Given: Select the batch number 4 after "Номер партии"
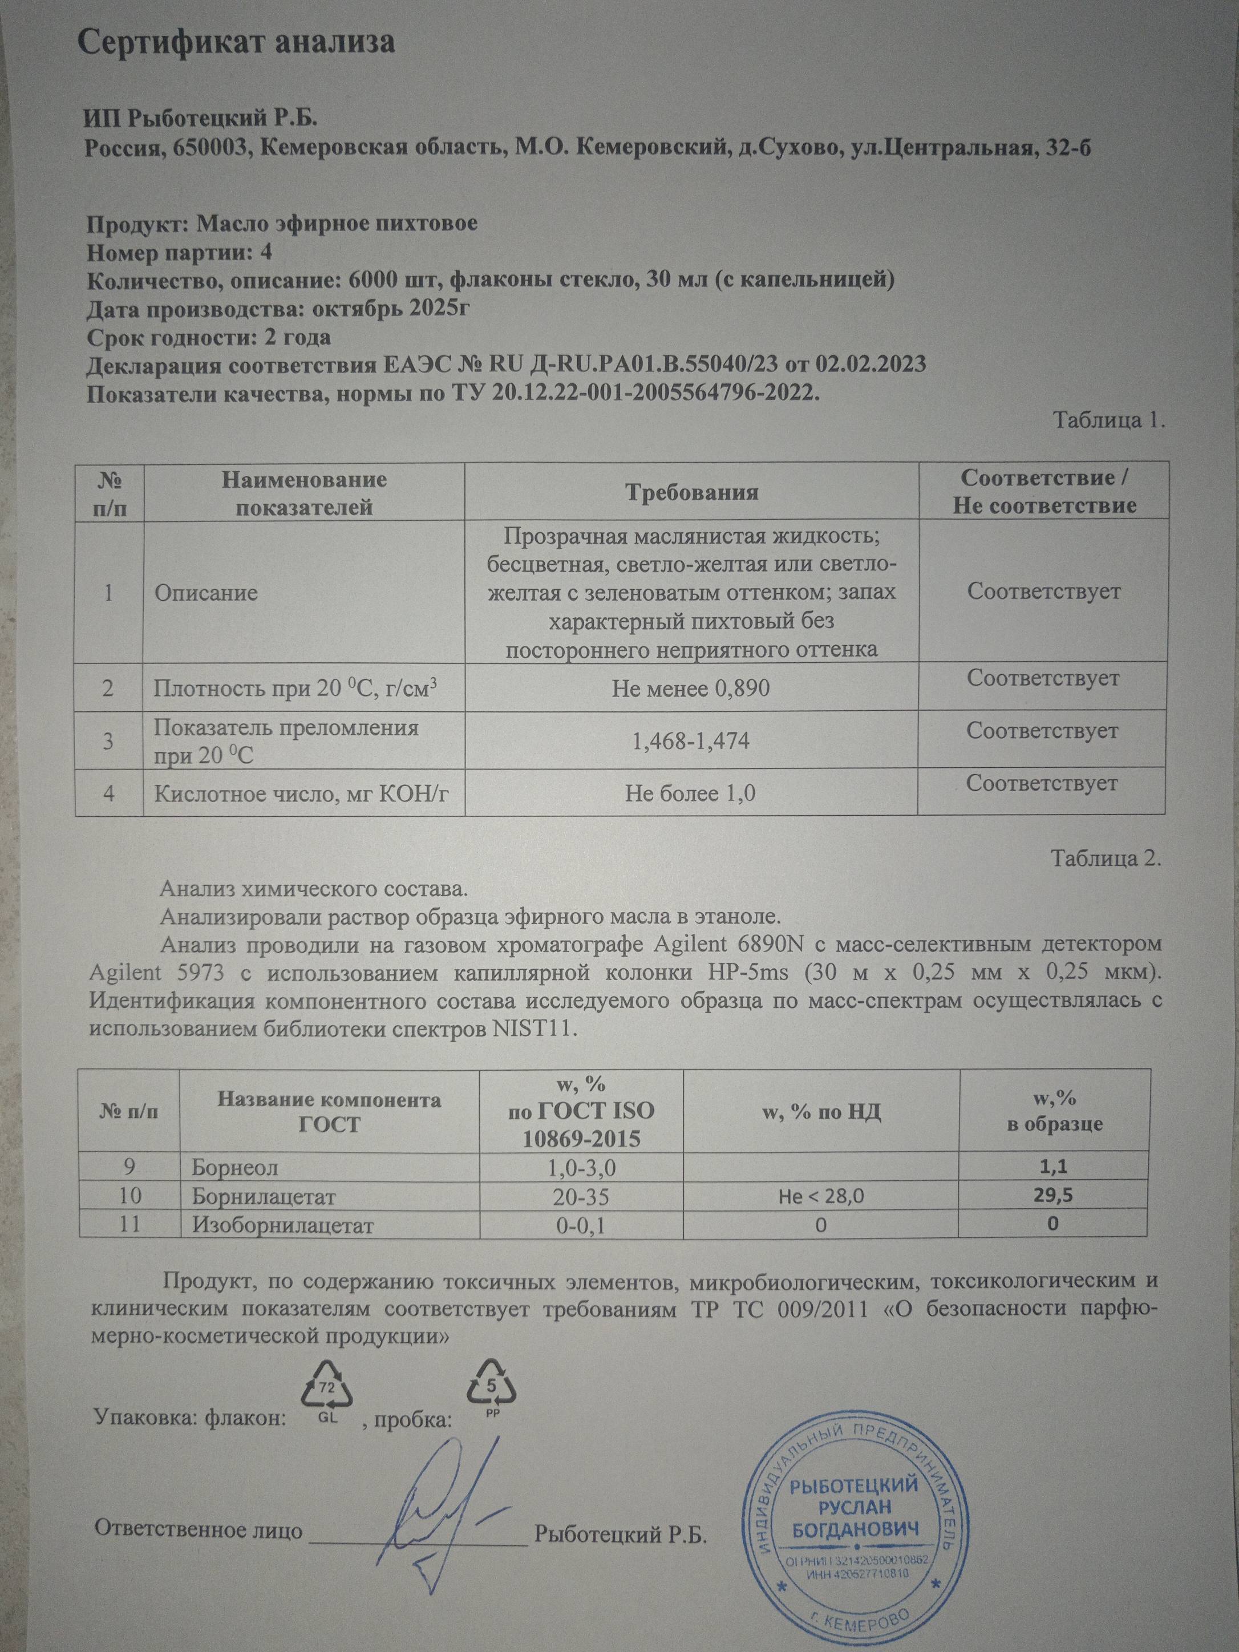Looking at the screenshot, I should [266, 253].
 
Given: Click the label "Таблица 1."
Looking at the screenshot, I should [1108, 420].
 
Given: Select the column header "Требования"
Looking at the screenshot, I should [691, 493].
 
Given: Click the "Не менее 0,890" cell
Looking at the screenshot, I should [690, 688].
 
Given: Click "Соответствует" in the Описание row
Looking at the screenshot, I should [1043, 592].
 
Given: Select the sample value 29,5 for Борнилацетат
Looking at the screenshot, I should [1054, 1195].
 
